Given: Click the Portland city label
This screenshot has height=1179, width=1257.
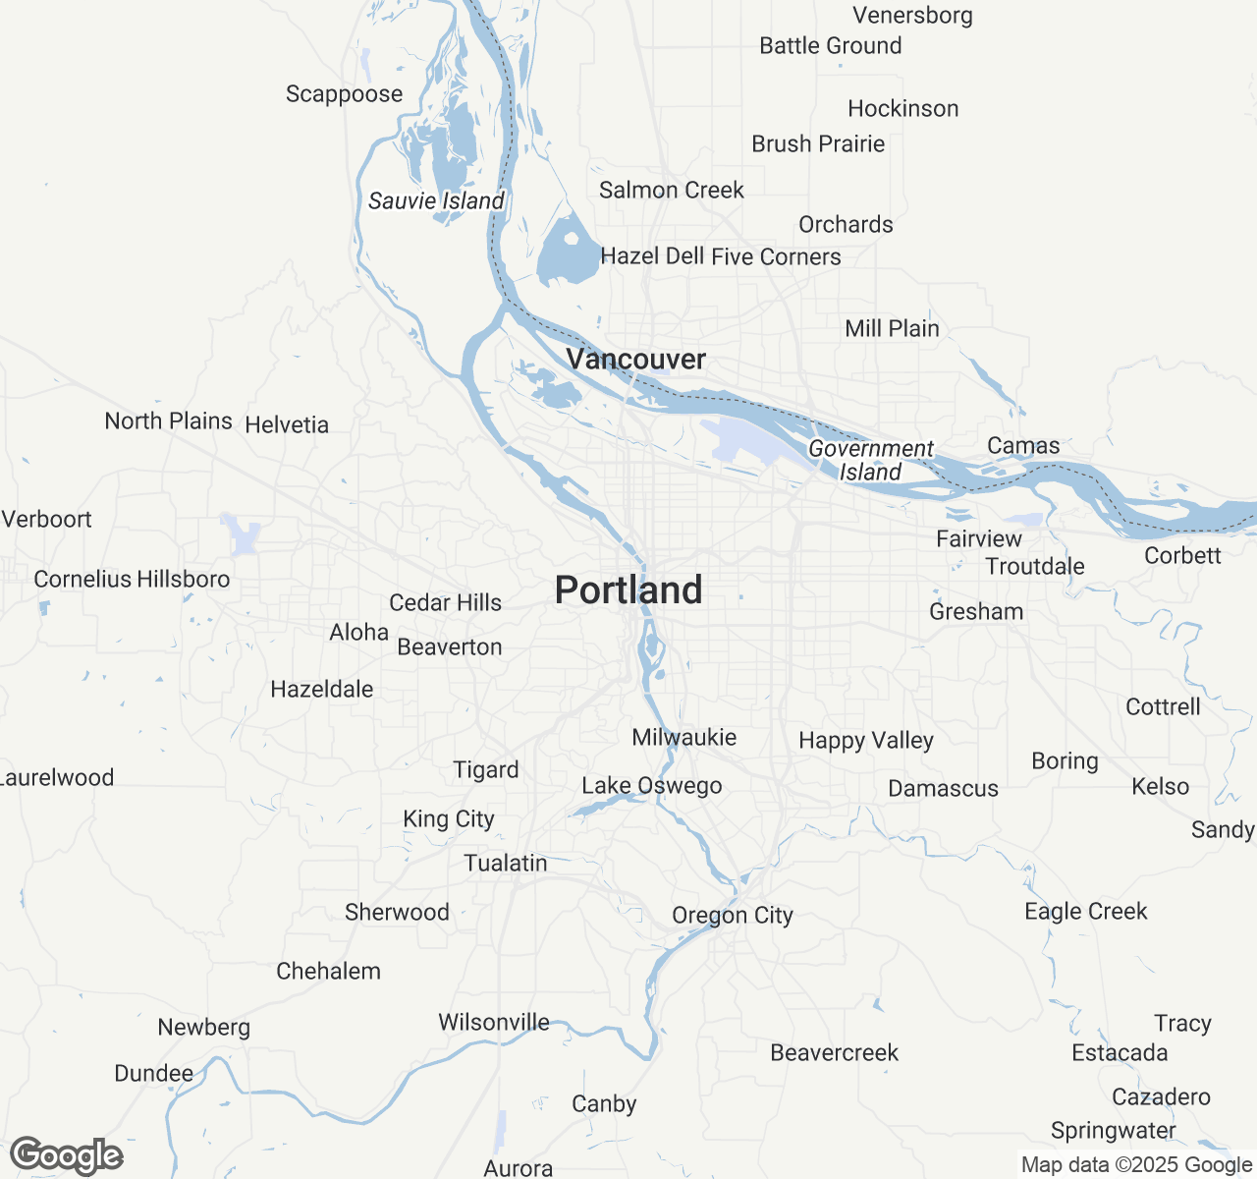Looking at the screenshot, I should (628, 590).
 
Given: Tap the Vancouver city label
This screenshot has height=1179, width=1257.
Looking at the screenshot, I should (636, 360).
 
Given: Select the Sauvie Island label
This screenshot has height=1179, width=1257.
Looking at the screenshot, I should (436, 201).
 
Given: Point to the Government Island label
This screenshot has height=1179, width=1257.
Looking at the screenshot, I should (871, 461).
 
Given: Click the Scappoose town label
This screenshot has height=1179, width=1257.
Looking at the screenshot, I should (344, 94).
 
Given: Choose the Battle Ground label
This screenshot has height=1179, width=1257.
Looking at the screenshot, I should (830, 46).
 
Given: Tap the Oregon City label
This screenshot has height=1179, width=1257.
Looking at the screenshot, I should (733, 916).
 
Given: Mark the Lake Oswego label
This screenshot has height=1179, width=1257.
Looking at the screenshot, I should (652, 786).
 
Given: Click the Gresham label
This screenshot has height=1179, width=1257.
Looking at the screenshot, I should (976, 612).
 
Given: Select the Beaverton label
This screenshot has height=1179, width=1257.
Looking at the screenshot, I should (450, 647).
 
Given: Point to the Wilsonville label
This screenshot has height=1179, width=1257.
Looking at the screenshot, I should (494, 1023).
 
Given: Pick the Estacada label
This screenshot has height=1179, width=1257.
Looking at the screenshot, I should (1120, 1053).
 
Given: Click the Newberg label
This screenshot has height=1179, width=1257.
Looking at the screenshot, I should (204, 1028).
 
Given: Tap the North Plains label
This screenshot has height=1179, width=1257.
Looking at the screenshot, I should (169, 421).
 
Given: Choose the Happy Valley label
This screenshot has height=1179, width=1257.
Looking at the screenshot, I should (866, 741).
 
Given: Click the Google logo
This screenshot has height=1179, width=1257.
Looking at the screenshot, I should (67, 1156).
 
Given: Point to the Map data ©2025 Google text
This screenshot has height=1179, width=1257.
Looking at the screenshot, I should (1136, 1165).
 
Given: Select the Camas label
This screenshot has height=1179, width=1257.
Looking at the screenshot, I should (1023, 446).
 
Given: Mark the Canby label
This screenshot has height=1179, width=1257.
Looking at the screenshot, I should (604, 1104).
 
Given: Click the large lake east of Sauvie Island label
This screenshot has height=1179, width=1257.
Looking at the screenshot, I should (568, 251).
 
